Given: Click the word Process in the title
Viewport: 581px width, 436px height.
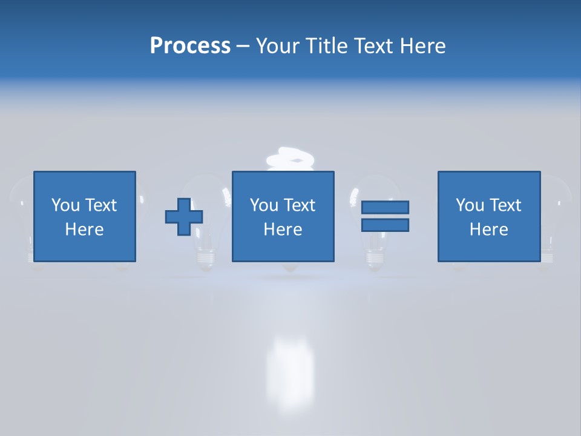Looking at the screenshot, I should coord(190,46).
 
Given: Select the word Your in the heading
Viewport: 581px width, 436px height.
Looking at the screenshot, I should coord(277,46).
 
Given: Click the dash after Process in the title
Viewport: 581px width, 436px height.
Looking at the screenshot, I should coord(243,47).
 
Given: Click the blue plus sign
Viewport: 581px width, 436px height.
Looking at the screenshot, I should coord(184,217).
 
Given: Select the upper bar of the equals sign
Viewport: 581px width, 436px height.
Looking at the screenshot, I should coord(385,207).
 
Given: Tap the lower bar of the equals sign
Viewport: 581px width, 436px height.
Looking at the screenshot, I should coord(385,225).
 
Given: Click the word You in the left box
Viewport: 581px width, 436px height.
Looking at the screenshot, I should coord(65,205).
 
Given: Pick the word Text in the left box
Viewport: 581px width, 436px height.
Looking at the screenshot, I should coord(100,205).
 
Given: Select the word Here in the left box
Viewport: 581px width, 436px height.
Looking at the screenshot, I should coord(84,230).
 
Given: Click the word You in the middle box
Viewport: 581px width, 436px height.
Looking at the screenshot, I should coord(264,205).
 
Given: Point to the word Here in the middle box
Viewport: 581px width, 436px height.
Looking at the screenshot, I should coord(283,230).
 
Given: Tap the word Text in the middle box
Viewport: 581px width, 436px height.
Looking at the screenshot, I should coord(299,205).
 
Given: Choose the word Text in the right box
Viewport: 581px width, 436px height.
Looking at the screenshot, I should coord(505,205).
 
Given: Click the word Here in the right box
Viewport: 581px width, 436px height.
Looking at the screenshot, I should coord(488,230).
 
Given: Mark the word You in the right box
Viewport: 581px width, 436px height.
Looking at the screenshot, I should coord(470,205).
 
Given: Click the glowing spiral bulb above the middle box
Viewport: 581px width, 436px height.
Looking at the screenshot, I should coord(290,159).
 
